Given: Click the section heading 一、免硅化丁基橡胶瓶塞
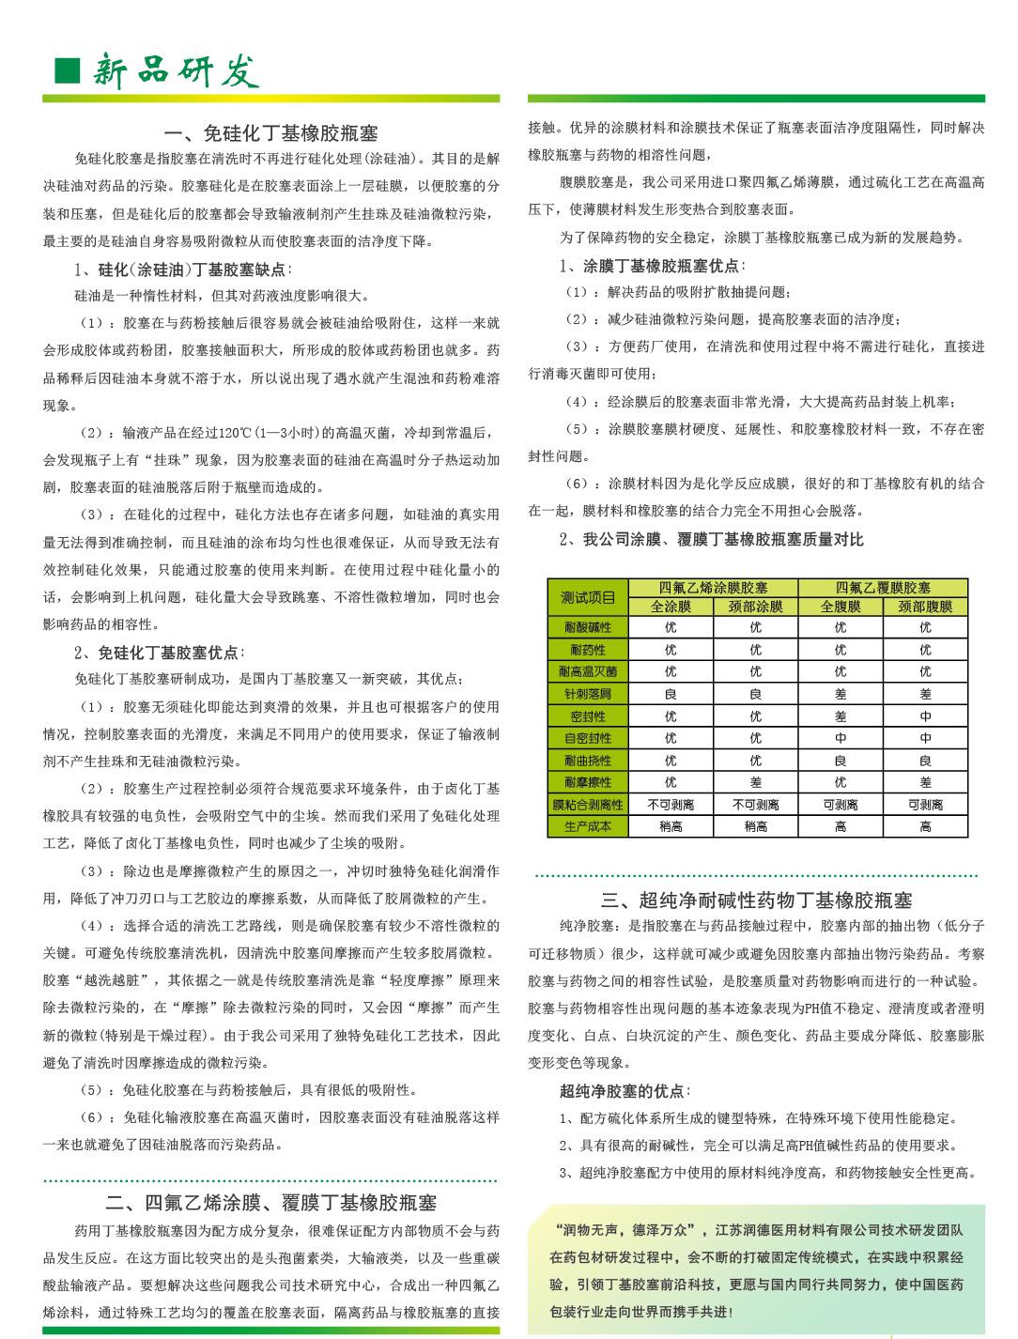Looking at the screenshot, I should [x=271, y=133].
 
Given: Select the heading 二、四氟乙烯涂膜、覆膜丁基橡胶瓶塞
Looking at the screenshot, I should [x=270, y=1203].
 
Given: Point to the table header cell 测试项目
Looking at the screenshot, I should [x=588, y=597].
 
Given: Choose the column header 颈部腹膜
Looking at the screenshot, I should [x=925, y=607].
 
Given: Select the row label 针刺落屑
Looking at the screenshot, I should [x=588, y=694].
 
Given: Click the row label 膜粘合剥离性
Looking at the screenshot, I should [x=588, y=805].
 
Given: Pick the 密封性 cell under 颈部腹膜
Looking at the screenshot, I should [x=925, y=716].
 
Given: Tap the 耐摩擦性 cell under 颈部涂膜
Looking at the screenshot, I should [x=755, y=782].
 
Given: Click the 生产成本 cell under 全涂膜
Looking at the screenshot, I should [x=671, y=826].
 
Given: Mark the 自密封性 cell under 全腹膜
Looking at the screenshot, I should [x=840, y=738].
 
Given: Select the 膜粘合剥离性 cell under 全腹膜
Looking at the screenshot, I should [x=840, y=805].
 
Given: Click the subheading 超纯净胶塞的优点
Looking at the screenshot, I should [x=623, y=1091].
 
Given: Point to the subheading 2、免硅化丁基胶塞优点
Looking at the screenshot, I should [x=157, y=652].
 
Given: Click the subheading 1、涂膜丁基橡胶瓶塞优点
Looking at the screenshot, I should [x=652, y=266].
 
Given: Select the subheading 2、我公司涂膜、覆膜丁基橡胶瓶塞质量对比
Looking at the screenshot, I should [x=711, y=539].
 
